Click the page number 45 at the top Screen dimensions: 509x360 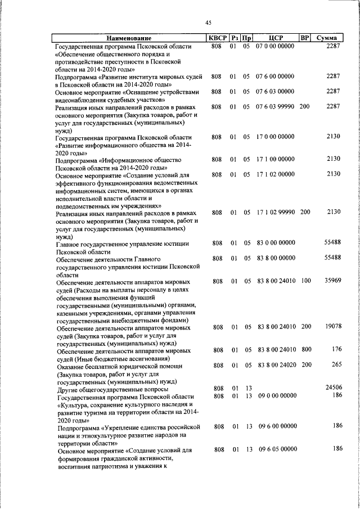pos(208,22)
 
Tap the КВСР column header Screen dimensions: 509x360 pos(217,38)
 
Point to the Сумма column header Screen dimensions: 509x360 pos(327,38)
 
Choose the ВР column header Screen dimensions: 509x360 pos(304,38)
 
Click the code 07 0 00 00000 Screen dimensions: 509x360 pos(275,46)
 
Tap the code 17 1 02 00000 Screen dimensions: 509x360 pos(275,175)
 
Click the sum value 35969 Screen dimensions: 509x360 pos(330,281)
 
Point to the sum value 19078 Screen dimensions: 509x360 pos(330,327)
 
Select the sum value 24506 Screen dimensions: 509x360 pos(330,388)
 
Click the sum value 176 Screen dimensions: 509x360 pos(335,350)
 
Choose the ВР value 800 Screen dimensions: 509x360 pos(305,350)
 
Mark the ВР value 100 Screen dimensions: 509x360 pos(305,281)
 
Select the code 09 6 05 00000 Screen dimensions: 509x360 pos(275,449)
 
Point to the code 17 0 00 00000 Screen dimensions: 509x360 pos(275,137)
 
